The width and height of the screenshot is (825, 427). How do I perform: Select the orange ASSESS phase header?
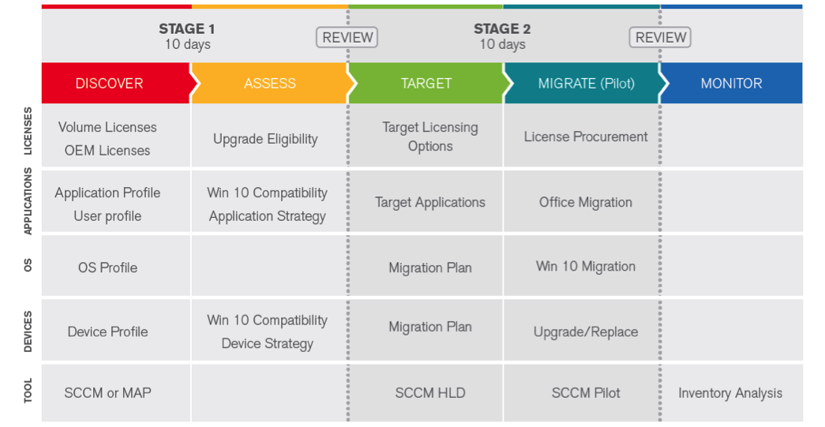point(269,83)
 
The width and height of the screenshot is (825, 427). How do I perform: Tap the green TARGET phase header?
point(426,83)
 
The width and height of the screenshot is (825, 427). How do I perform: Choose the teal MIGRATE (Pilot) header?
point(582,83)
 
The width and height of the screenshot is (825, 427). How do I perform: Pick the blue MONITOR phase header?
point(731,83)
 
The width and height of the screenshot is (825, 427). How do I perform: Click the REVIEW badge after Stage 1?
point(347,37)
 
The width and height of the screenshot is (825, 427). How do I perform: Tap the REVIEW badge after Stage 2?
point(660,37)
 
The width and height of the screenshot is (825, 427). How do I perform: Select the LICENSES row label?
point(28,131)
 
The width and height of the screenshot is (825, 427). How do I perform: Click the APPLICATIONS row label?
point(28,201)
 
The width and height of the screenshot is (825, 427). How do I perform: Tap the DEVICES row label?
point(28,331)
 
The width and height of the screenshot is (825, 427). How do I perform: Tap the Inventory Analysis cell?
point(730,393)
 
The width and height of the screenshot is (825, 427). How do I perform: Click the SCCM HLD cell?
point(430,393)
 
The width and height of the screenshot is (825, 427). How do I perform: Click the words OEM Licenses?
point(107,151)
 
